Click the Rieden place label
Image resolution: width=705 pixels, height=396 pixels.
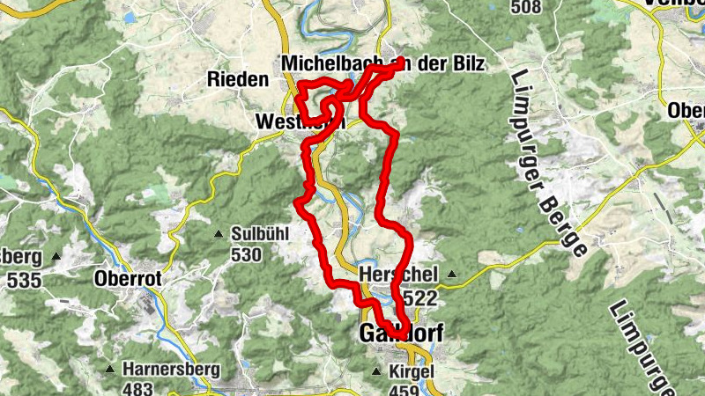[237, 79]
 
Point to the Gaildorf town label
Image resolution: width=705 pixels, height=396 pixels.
[401, 334]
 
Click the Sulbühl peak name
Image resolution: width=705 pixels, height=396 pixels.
[260, 235]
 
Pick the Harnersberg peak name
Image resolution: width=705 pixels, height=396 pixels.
[171, 369]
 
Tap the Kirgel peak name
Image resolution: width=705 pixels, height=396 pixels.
[411, 371]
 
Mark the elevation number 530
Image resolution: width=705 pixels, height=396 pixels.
[247, 255]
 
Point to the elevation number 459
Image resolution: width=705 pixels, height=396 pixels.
[405, 389]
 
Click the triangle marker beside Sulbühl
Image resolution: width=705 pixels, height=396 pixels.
[219, 234]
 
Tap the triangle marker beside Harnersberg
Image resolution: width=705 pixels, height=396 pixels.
[110, 369]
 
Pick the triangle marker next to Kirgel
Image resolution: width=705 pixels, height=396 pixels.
[378, 371]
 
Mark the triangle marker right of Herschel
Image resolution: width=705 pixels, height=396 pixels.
[452, 275]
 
